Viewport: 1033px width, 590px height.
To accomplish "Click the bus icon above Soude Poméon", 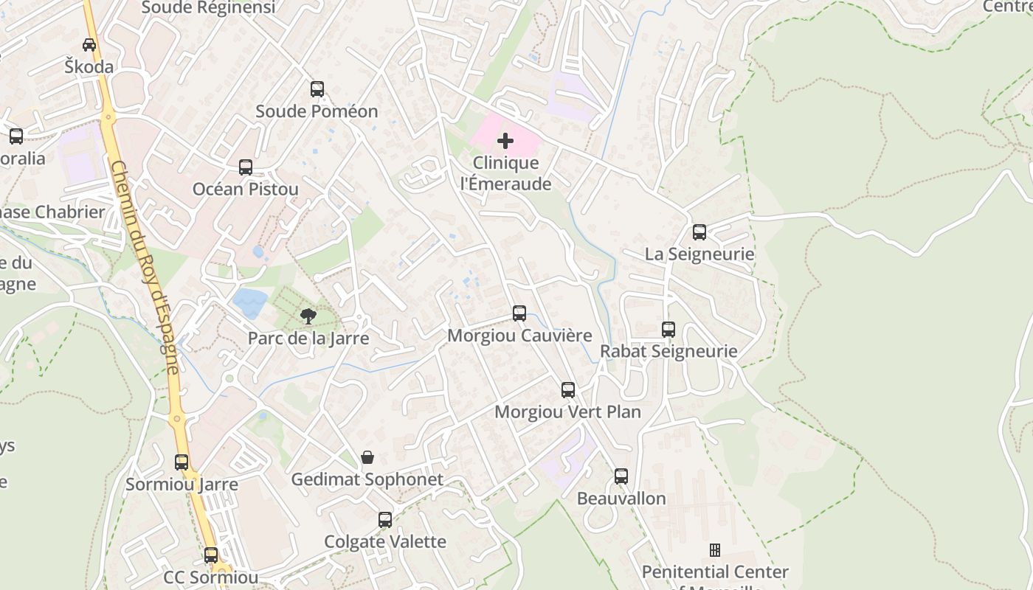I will tap(317, 89).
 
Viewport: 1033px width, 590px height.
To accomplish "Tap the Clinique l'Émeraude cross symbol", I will tap(505, 140).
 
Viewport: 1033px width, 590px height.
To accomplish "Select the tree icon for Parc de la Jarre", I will tap(308, 316).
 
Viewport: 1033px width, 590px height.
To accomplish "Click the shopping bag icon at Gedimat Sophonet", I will tap(367, 457).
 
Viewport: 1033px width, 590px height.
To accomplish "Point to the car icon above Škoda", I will tap(89, 44).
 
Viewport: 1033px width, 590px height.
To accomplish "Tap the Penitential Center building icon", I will tap(714, 550).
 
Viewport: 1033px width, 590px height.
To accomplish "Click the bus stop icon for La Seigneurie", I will tap(699, 232).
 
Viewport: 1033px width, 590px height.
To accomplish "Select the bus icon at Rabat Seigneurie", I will tap(668, 330).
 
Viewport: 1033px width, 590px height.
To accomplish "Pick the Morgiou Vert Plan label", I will tap(567, 412).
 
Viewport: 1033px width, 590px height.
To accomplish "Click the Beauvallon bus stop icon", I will tap(621, 476).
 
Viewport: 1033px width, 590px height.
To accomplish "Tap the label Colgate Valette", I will tap(385, 542).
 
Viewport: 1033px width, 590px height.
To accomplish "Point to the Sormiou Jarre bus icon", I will tap(182, 462).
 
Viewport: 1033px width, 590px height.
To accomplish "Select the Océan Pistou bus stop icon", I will tap(246, 167).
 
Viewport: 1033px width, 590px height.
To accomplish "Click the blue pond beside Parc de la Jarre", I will tap(250, 302).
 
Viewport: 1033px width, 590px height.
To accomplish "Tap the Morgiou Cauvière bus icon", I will tap(519, 313).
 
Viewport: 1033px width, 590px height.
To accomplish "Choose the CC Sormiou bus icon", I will tap(211, 555).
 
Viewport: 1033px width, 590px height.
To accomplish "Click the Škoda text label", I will tap(89, 67).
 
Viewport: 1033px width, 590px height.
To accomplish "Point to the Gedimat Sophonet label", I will tap(367, 479).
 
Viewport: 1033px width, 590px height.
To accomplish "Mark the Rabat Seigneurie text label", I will tap(668, 351).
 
